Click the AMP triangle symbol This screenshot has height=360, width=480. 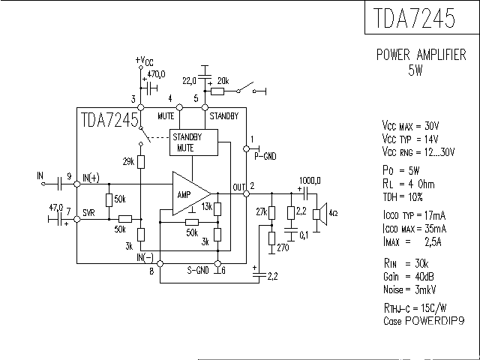(187, 193)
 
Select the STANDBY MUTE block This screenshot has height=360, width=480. (187, 142)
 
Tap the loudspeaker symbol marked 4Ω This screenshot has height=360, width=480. (322, 213)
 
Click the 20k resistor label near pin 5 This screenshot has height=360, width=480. (223, 80)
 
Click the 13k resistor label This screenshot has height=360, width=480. (207, 207)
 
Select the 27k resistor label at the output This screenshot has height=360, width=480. (261, 212)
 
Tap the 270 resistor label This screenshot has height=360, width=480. (282, 247)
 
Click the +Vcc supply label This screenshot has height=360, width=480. (144, 61)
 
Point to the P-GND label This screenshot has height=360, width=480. (265, 156)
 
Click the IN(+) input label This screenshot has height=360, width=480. (91, 177)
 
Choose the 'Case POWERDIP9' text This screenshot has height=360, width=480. (419, 319)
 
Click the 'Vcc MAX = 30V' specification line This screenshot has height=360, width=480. (410, 126)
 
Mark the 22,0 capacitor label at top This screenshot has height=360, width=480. (188, 79)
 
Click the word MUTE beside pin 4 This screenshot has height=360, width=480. (166, 115)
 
